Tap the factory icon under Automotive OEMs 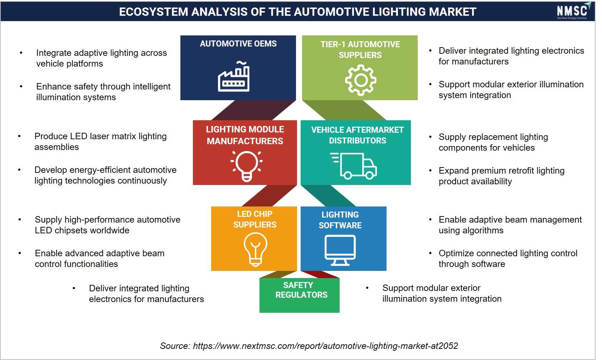[234, 77]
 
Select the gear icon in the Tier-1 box [360, 80]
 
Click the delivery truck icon [353, 166]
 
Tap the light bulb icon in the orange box [255, 249]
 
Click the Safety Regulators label [301, 290]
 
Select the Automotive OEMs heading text [238, 44]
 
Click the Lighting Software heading [340, 220]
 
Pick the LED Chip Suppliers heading [255, 219]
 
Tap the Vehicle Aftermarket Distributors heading [358, 135]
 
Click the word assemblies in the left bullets [57, 147]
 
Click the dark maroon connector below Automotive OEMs [254, 110]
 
